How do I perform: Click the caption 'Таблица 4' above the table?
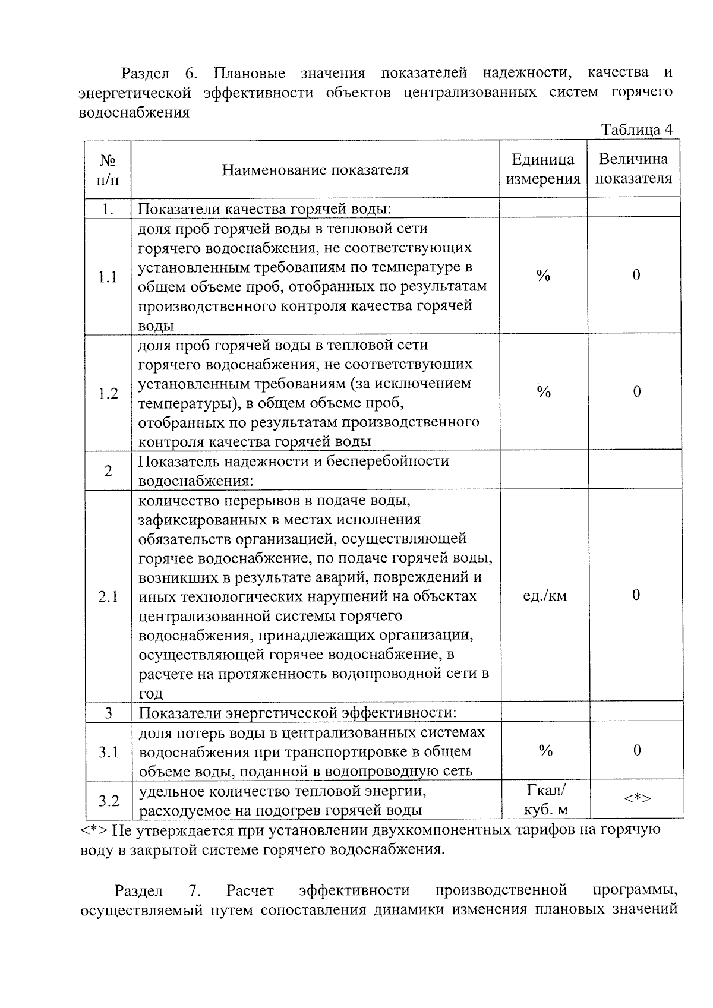pyautogui.click(x=636, y=129)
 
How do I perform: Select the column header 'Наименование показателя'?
pyautogui.click(x=315, y=170)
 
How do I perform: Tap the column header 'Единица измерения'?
pyautogui.click(x=543, y=169)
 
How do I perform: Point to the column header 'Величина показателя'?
pyautogui.click(x=633, y=169)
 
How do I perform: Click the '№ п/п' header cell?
pyautogui.click(x=108, y=170)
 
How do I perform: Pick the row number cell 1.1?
pyautogui.click(x=108, y=277)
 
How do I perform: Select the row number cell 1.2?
pyautogui.click(x=108, y=393)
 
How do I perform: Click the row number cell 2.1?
pyautogui.click(x=108, y=596)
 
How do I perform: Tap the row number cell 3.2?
pyautogui.click(x=109, y=801)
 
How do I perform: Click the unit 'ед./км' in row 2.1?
pyautogui.click(x=544, y=596)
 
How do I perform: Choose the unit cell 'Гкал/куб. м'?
pyautogui.click(x=546, y=800)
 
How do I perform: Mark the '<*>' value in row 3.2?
pyautogui.click(x=637, y=798)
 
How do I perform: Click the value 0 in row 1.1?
pyautogui.click(x=636, y=275)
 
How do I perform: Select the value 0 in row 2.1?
pyautogui.click(x=636, y=595)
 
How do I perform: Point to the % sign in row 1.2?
pyautogui.click(x=544, y=392)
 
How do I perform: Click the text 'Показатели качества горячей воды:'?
pyautogui.click(x=265, y=209)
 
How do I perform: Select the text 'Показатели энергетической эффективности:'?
pyautogui.click(x=298, y=713)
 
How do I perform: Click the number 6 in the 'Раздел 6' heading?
pyautogui.click(x=191, y=74)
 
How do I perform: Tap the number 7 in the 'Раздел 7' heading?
pyautogui.click(x=193, y=891)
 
